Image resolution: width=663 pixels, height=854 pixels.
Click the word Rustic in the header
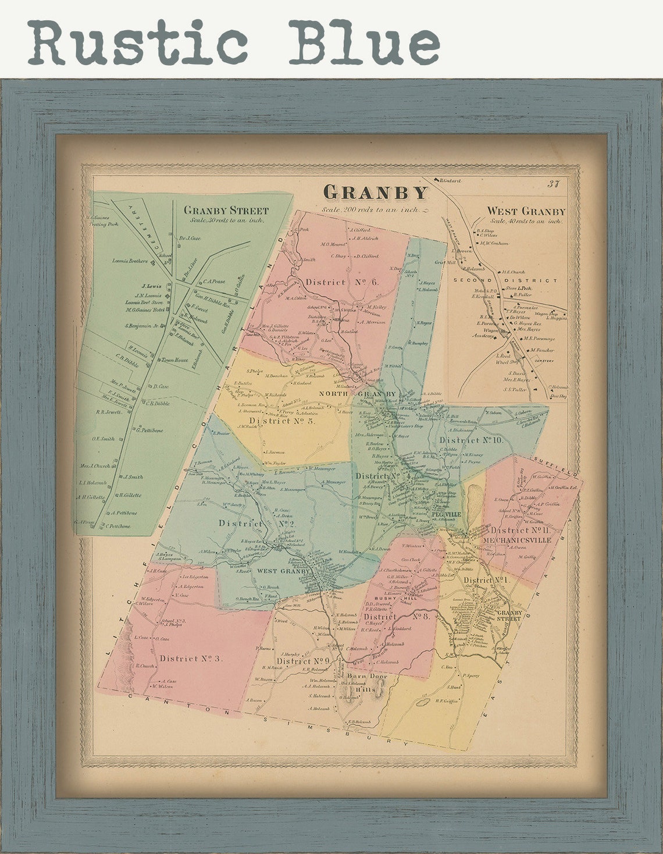pos(138,42)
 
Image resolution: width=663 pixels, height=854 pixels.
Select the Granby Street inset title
pos(226,211)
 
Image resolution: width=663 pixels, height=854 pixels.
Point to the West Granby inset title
pos(526,211)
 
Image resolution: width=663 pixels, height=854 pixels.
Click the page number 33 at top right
pos(552,184)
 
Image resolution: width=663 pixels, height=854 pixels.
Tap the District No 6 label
pos(342,282)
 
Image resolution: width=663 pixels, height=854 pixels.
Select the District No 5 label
pos(282,421)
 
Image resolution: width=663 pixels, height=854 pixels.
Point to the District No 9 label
pos(303,661)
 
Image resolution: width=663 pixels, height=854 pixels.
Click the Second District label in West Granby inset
pos(505,280)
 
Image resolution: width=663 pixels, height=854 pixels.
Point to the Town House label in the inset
pos(173,360)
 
